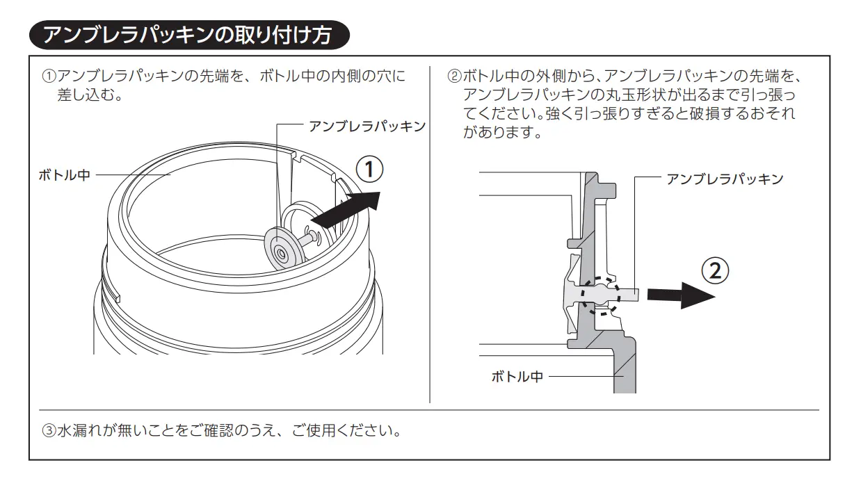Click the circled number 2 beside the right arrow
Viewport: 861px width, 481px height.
[716, 271]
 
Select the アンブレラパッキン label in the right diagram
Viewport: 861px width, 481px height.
[725, 179]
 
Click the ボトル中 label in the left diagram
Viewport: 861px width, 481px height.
[64, 175]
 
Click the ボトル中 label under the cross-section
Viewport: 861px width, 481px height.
[517, 377]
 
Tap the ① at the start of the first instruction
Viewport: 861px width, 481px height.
[49, 75]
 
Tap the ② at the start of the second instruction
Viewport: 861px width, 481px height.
[454, 75]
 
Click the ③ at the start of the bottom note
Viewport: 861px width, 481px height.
[49, 431]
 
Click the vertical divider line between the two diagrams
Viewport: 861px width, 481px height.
[430, 236]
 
